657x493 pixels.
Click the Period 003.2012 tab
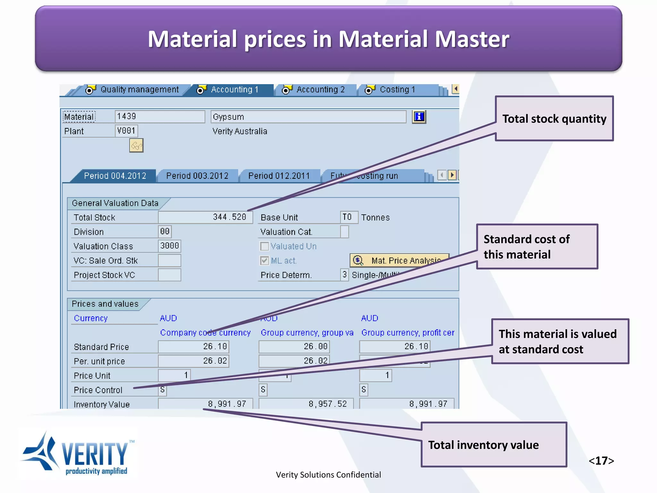tap(197, 176)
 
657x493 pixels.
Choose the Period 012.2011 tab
tap(279, 176)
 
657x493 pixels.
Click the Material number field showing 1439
tap(159, 117)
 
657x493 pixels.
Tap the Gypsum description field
tap(308, 117)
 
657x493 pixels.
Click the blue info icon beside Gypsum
tap(419, 117)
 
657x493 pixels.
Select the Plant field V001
tap(126, 131)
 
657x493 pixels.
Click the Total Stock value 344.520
tap(205, 217)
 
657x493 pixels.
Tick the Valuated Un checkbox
tap(264, 246)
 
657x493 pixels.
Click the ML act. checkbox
tap(264, 261)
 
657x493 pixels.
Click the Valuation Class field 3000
tap(169, 246)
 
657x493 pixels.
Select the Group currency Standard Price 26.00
tap(294, 347)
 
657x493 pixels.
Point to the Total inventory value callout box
tap(494, 445)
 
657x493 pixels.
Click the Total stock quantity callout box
tap(554, 119)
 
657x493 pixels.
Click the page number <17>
tap(601, 461)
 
